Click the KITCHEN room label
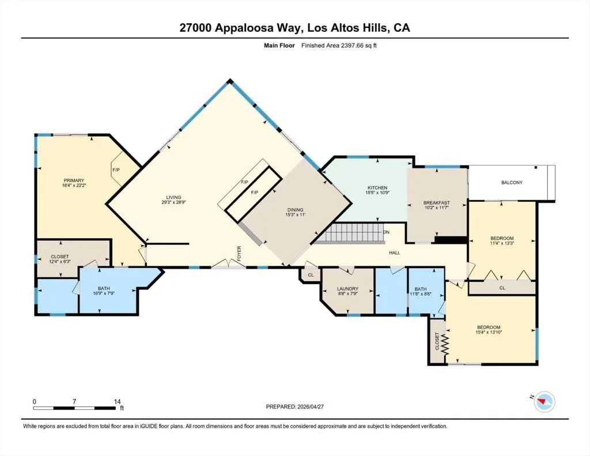pyautogui.click(x=377, y=187)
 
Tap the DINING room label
pyautogui.click(x=295, y=210)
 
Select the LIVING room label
pyautogui.click(x=174, y=197)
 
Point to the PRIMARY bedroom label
pyautogui.click(x=74, y=180)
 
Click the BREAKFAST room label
pyautogui.click(x=437, y=202)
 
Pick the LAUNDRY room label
pyautogui.click(x=347, y=289)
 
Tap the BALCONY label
pyautogui.click(x=512, y=183)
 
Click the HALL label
pyautogui.click(x=395, y=253)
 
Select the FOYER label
pyautogui.click(x=239, y=253)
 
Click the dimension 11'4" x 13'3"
pyautogui.click(x=502, y=243)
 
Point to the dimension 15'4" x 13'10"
pyautogui.click(x=489, y=332)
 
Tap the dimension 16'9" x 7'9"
pyautogui.click(x=104, y=293)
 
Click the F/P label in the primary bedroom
pyautogui.click(x=116, y=170)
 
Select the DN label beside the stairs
pyautogui.click(x=386, y=232)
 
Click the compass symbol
pyautogui.click(x=544, y=401)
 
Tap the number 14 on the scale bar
pyautogui.click(x=117, y=401)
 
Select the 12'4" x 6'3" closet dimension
pyautogui.click(x=60, y=261)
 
